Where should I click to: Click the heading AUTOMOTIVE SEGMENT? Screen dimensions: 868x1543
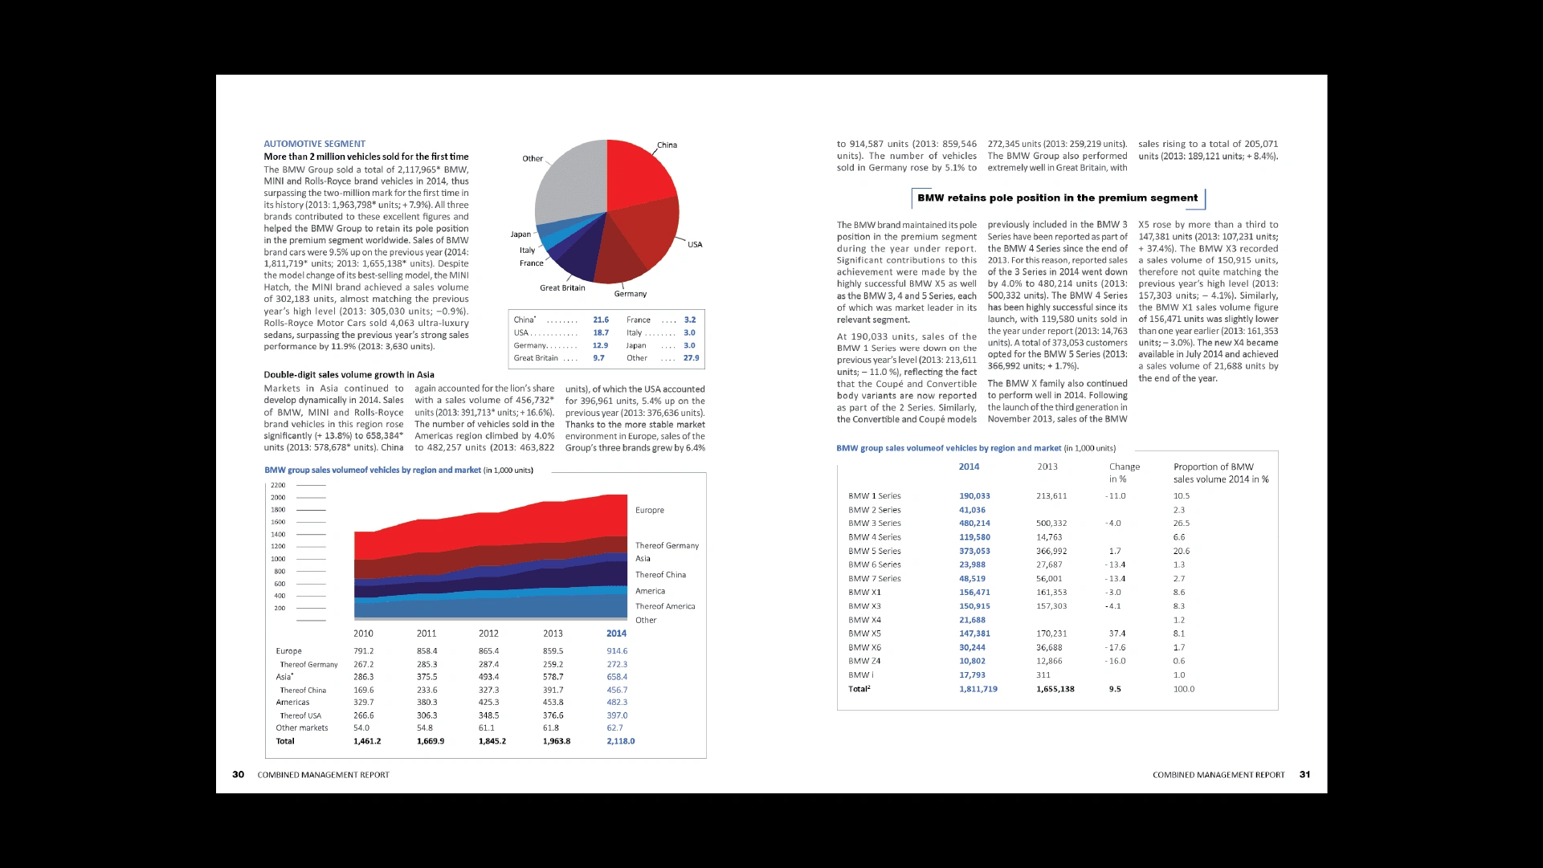pyautogui.click(x=314, y=144)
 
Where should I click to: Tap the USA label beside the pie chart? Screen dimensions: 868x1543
pyautogui.click(x=695, y=245)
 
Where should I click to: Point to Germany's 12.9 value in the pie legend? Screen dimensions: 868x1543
pyautogui.click(x=600, y=345)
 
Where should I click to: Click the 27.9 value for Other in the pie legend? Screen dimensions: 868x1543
pyautogui.click(x=691, y=358)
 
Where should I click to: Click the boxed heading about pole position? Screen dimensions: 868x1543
pyautogui.click(x=1057, y=198)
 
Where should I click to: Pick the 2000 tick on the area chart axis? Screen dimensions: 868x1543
pyautogui.click(x=278, y=498)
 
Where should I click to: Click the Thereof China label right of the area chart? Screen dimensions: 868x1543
pyautogui.click(x=660, y=575)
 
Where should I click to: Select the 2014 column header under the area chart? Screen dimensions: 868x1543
pyautogui.click(x=616, y=634)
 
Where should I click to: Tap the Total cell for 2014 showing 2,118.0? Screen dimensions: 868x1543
pyautogui.click(x=620, y=741)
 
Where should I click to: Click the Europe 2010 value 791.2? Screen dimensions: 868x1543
pyautogui.click(x=363, y=651)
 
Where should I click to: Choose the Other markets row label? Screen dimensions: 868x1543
pyautogui.click(x=302, y=728)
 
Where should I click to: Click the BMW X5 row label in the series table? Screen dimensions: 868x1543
pyautogui.click(x=864, y=634)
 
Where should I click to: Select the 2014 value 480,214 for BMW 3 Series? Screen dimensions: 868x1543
pyautogui.click(x=974, y=524)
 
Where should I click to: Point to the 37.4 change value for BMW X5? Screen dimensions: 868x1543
pyautogui.click(x=1116, y=634)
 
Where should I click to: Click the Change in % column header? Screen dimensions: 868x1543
pyautogui.click(x=1124, y=472)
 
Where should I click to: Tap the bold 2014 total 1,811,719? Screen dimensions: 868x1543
pyautogui.click(x=978, y=689)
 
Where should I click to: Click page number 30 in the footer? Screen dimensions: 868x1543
pyautogui.click(x=239, y=775)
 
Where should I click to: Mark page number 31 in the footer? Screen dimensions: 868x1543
pyautogui.click(x=1304, y=775)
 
